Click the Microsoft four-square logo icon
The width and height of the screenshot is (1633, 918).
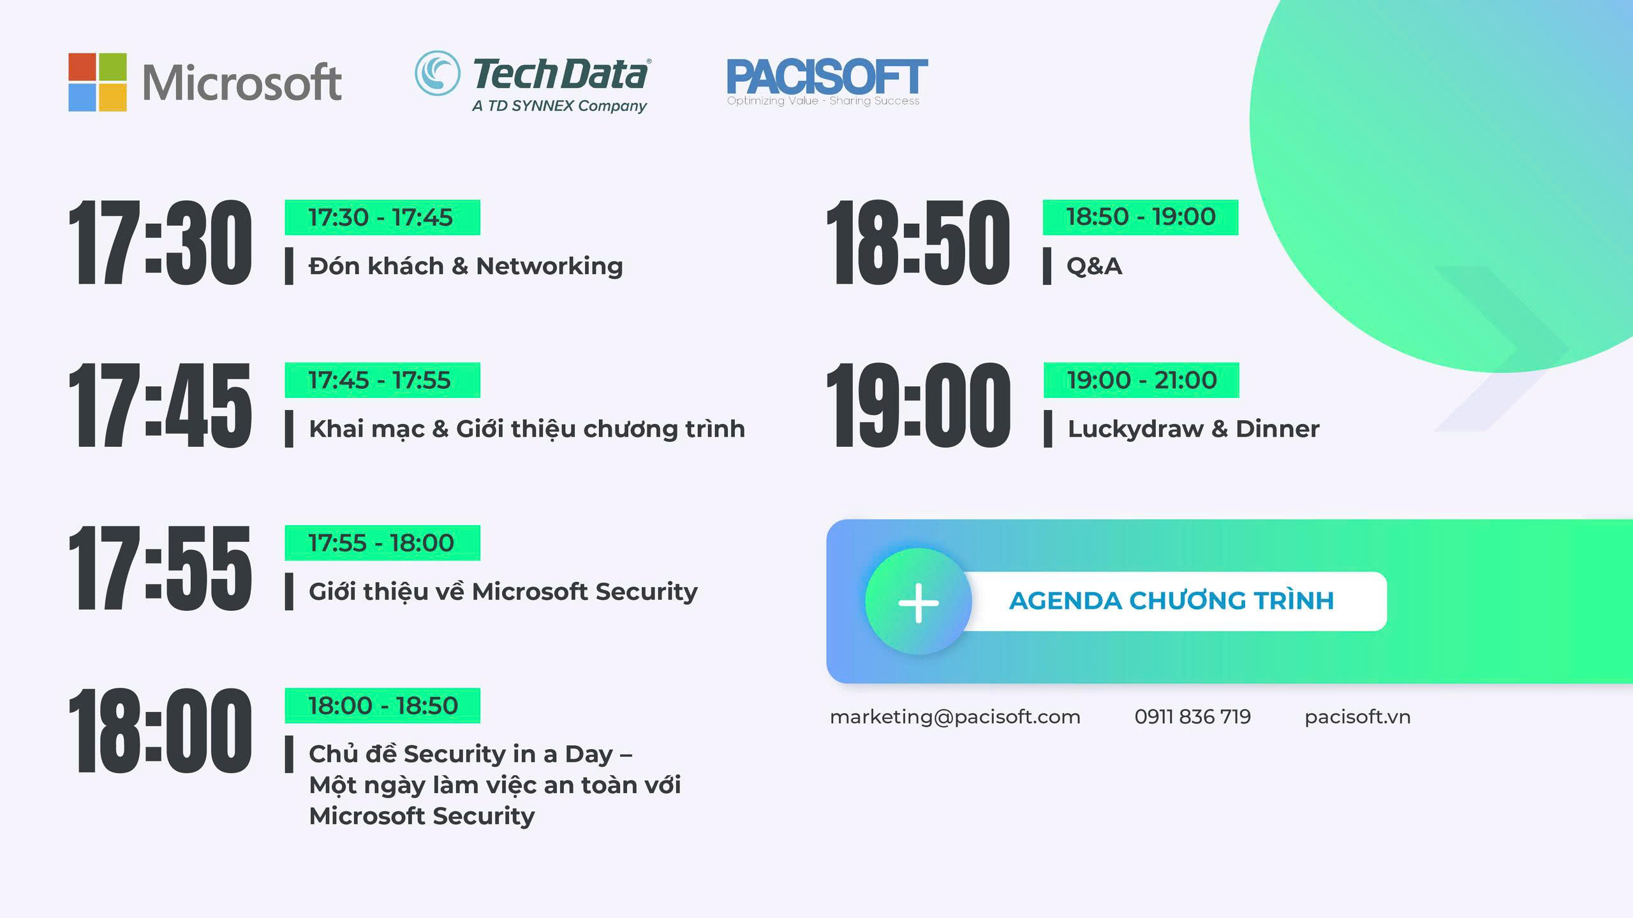97,82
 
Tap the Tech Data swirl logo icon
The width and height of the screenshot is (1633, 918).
437,73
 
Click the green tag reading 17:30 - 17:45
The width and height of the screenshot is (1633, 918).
382,217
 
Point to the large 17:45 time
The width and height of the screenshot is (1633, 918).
160,405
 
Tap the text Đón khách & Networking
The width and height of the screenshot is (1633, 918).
466,266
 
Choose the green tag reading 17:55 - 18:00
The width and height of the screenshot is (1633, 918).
382,543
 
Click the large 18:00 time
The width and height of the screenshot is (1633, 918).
160,731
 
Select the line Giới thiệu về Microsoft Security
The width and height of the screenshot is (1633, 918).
503,592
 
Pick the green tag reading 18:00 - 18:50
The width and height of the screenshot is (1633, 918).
382,706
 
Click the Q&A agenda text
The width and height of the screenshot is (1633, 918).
1094,266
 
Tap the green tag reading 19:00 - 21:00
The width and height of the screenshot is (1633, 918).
1141,380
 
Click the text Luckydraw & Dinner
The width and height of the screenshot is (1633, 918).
1193,429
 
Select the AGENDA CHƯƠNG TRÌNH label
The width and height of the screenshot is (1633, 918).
1172,601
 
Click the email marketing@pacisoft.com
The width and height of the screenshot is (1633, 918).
955,717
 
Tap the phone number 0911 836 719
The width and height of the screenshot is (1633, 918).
1193,717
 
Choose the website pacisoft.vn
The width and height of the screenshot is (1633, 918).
1357,717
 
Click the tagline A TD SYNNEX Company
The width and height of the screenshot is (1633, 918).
559,106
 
